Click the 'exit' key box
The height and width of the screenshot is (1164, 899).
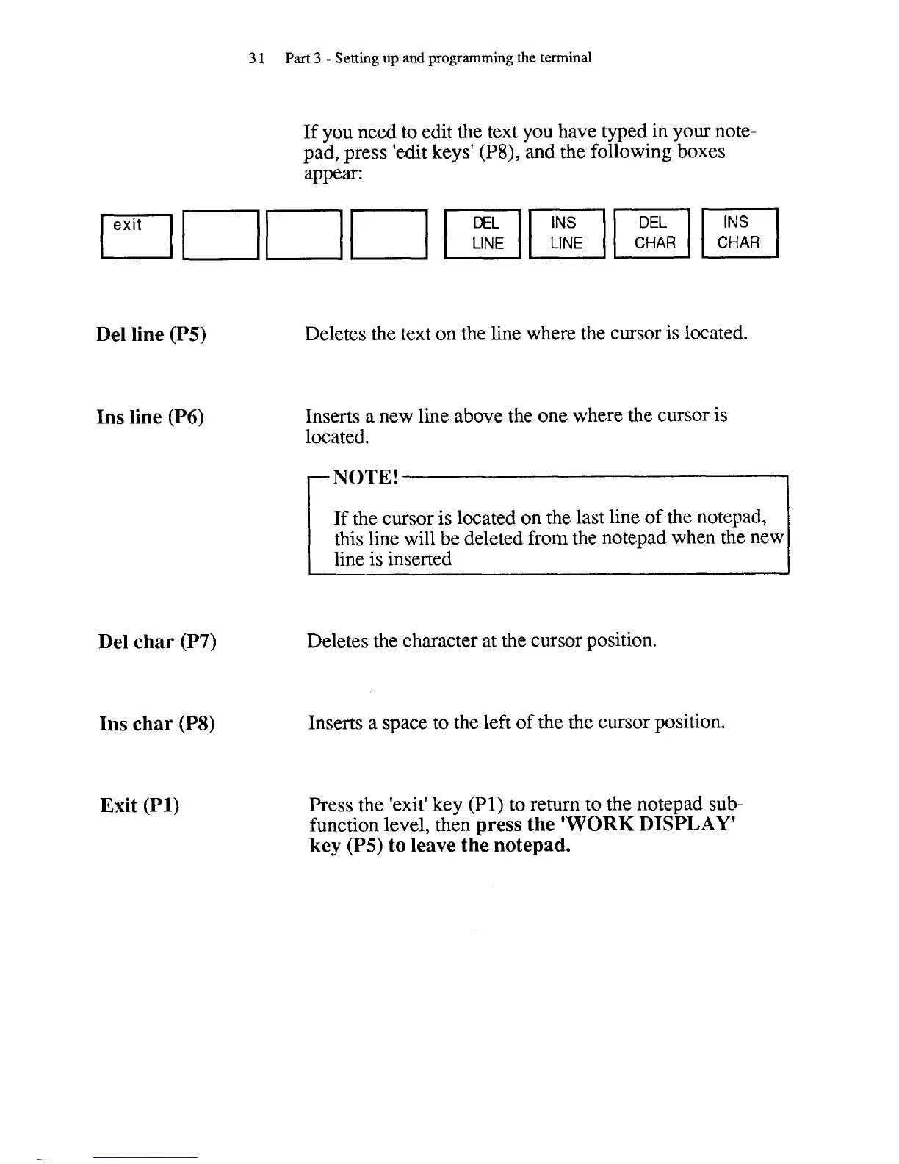click(x=136, y=234)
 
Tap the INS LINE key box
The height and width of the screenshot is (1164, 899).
click(x=566, y=233)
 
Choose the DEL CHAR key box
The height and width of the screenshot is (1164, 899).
click(x=653, y=233)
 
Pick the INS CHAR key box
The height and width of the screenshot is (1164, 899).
click(x=739, y=233)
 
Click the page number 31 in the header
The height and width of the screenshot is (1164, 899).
click(x=256, y=58)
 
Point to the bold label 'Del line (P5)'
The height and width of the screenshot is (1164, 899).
click(x=151, y=334)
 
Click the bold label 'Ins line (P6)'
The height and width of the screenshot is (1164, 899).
click(x=150, y=417)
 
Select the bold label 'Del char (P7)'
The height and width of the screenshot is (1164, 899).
click(x=157, y=642)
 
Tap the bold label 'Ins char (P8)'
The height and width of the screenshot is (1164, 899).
click(x=157, y=724)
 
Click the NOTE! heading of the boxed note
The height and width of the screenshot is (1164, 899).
click(x=365, y=477)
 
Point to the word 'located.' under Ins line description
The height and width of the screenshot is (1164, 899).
click(x=337, y=437)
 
